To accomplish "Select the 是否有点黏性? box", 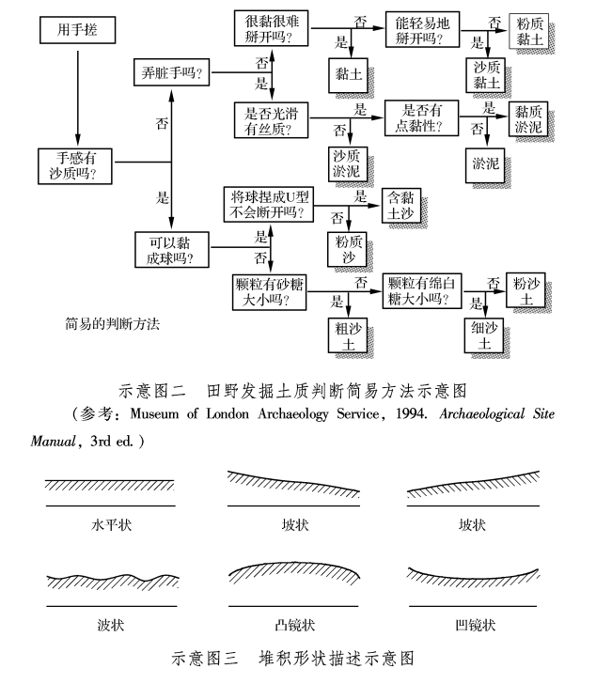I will pos(421,118).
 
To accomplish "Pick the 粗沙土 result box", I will pos(349,336).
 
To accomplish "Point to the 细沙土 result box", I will pos(485,336).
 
